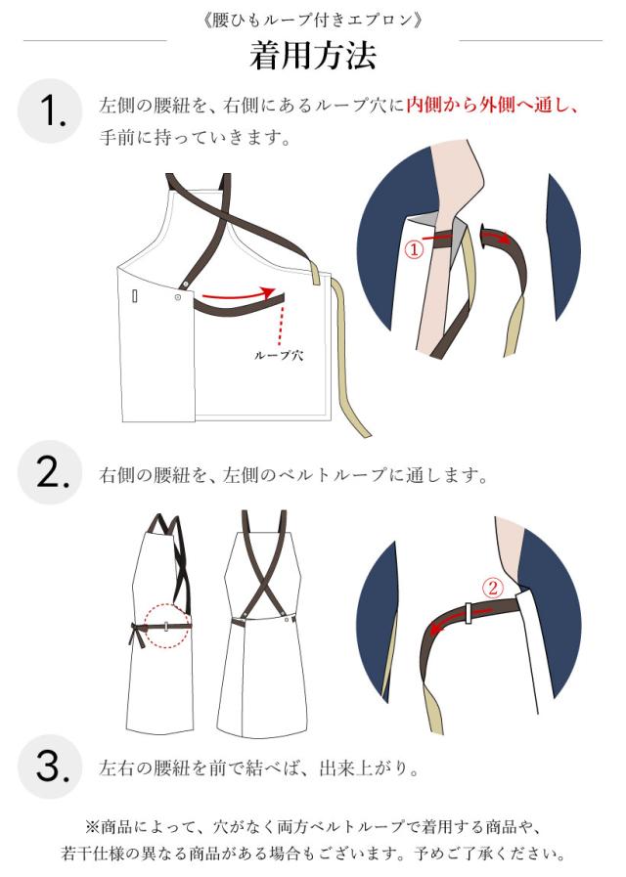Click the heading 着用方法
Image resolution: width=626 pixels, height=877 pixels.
click(313, 56)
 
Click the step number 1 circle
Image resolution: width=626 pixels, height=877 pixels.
click(50, 110)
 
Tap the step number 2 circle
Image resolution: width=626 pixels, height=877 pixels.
click(50, 472)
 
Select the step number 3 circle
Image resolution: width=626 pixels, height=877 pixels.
click(50, 767)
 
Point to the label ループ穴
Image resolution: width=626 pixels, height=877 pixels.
click(279, 355)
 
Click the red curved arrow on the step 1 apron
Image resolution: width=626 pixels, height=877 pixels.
click(239, 294)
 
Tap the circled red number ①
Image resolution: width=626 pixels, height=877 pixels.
click(414, 249)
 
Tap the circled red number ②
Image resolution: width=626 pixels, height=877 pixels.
click(493, 588)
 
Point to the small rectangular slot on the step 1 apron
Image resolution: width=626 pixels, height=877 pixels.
click(134, 295)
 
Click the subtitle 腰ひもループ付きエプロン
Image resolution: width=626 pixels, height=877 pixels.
click(312, 21)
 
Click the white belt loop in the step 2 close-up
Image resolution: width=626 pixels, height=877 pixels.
click(469, 612)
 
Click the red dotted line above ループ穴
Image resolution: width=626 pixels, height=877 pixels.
click(282, 326)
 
